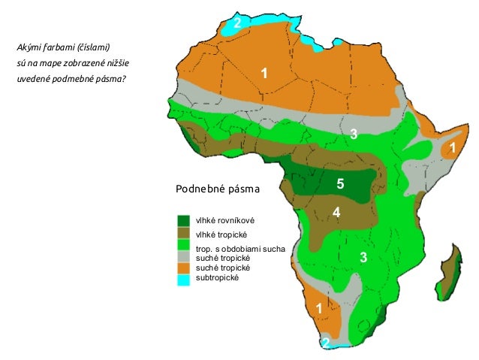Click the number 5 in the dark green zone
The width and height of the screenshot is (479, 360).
pyautogui.click(x=340, y=183)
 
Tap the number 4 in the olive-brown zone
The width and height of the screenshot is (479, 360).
pyautogui.click(x=336, y=213)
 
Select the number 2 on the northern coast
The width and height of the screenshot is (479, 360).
pyautogui.click(x=237, y=23)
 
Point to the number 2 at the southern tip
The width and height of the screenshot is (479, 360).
pyautogui.click(x=325, y=343)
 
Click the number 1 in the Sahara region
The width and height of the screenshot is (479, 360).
pyautogui.click(x=264, y=72)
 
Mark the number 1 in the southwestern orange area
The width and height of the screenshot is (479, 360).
pyautogui.click(x=319, y=309)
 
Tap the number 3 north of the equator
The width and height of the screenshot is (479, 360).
pyautogui.click(x=353, y=135)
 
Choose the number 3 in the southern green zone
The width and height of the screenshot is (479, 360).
pyautogui.click(x=363, y=258)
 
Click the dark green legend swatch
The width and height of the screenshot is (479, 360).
pyautogui.click(x=183, y=221)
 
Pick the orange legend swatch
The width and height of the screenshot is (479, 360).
pyautogui.click(x=183, y=268)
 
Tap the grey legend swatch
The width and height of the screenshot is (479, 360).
pyautogui.click(x=183, y=256)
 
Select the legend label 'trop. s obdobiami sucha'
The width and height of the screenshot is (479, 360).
pyautogui.click(x=240, y=248)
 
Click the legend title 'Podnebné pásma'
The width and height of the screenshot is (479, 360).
pyautogui.click(x=217, y=189)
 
